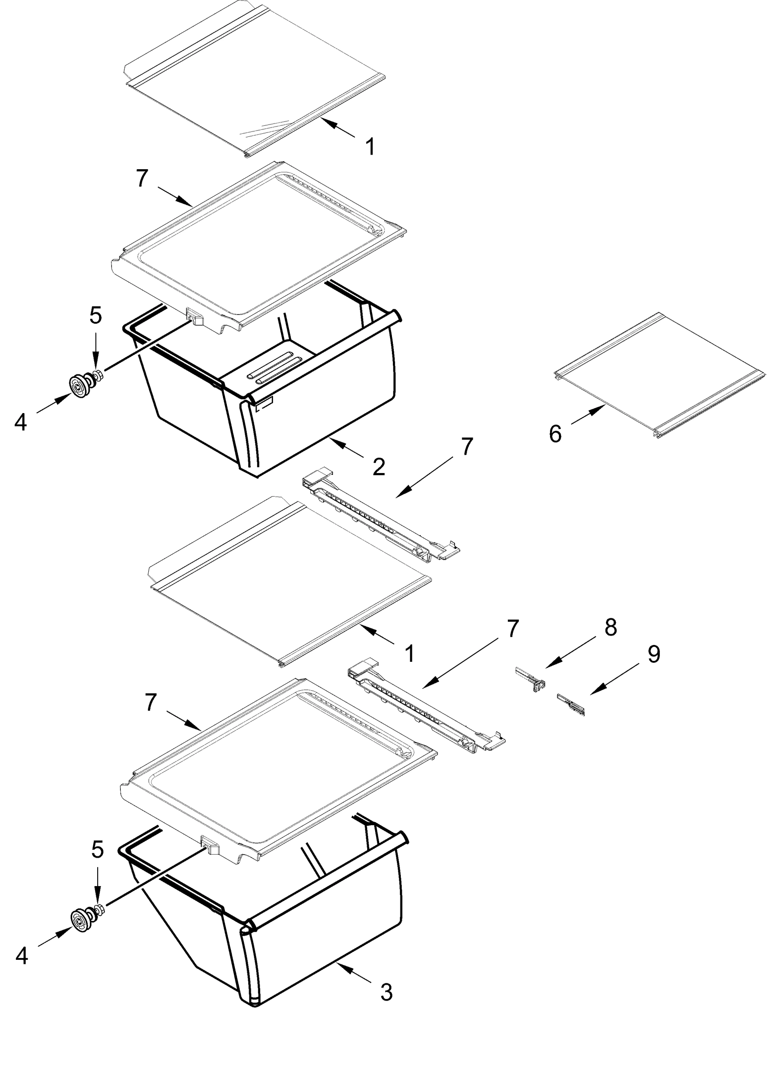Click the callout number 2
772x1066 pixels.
coord(379,466)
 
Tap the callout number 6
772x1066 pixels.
coord(555,433)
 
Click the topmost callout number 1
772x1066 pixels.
coord(370,147)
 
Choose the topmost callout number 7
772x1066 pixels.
coord(143,179)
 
